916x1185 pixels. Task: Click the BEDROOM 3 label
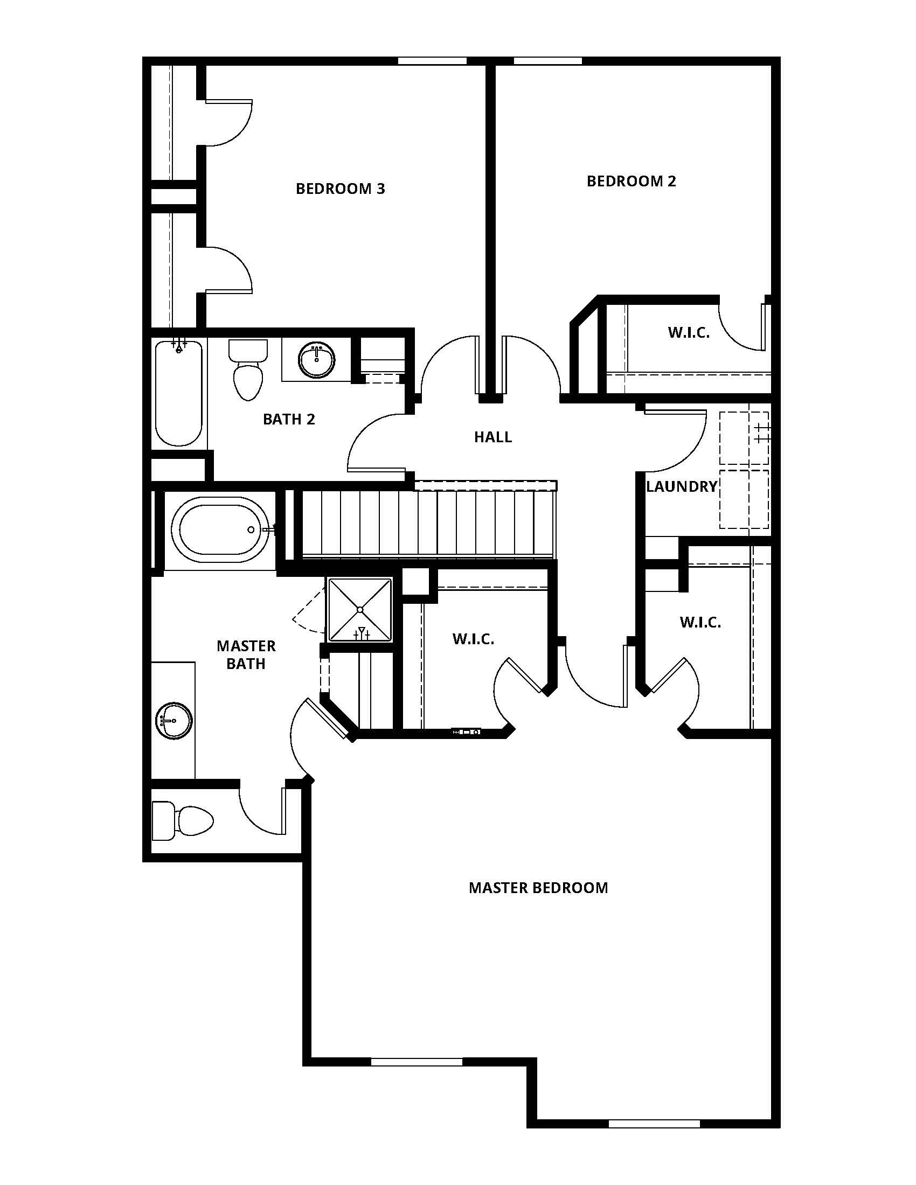(x=340, y=189)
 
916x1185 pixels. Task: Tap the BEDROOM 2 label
(x=631, y=181)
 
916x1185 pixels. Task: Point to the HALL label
(x=492, y=437)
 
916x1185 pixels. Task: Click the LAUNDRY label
(x=682, y=487)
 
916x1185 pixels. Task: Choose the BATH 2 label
(x=289, y=419)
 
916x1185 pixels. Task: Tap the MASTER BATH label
(x=246, y=654)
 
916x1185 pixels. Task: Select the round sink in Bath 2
(x=317, y=359)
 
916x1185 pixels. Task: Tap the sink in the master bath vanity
(x=174, y=721)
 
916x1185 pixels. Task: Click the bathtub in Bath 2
(x=178, y=393)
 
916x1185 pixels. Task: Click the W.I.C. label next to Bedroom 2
(x=689, y=332)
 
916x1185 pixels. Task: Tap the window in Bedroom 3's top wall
(x=432, y=61)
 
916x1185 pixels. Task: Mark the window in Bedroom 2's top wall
(x=547, y=61)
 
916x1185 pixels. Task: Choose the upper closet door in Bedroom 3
(x=228, y=123)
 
